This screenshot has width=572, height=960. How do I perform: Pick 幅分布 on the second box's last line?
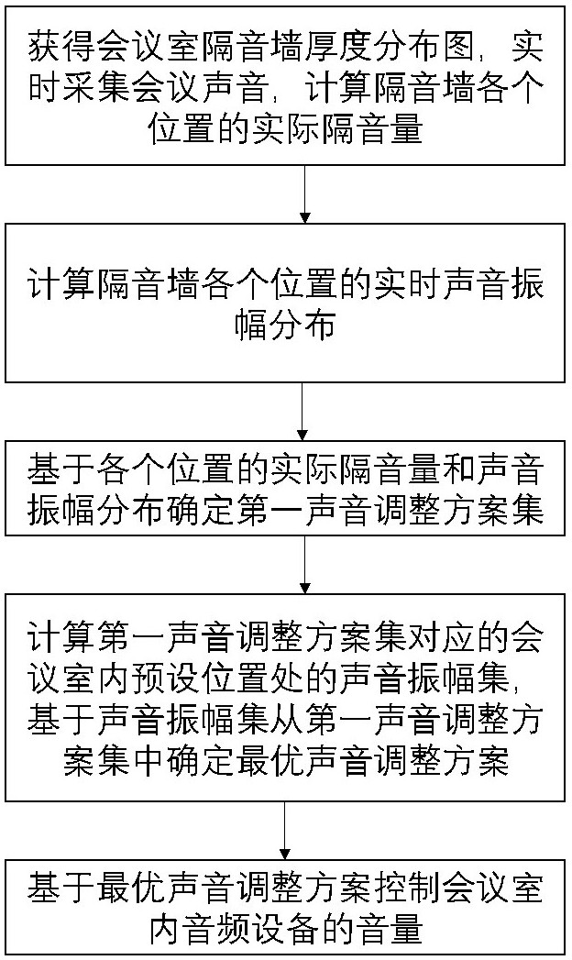pyautogui.click(x=285, y=325)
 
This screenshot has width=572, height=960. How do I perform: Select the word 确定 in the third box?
pyautogui.click(x=200, y=510)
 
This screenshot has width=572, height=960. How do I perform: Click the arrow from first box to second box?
pyautogui.click(x=304, y=194)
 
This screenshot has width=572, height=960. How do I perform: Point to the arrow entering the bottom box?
pyautogui.click(x=286, y=831)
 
